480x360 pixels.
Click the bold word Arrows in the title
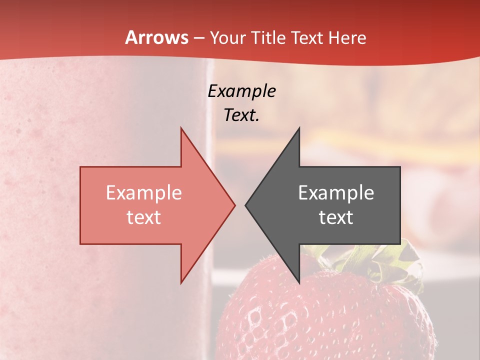(157, 38)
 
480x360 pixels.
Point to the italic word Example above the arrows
(241, 91)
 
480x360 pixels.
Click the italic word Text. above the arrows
(241, 115)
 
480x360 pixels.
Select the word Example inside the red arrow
(144, 193)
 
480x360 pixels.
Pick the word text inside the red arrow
(144, 217)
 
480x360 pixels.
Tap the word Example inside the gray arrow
(336, 193)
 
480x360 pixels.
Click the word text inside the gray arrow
(336, 217)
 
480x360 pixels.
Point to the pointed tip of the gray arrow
(246, 205)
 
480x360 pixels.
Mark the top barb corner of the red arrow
(181, 128)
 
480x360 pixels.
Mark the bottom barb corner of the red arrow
(181, 282)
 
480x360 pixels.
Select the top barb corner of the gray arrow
(299, 128)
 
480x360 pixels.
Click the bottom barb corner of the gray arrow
(299, 282)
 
